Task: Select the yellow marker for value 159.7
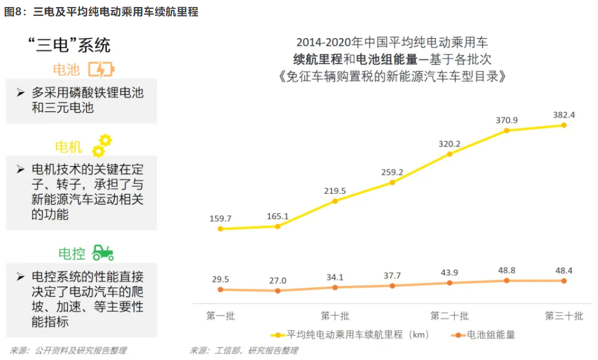click(220, 228)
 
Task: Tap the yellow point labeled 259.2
click(392, 182)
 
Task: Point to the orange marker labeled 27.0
click(278, 291)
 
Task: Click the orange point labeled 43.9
click(449, 283)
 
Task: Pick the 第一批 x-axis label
click(220, 316)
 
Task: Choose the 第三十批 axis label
click(564, 316)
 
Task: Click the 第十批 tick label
click(335, 316)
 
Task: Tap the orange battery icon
click(101, 70)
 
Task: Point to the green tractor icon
click(103, 253)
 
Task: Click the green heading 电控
click(72, 254)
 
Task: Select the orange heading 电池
click(66, 70)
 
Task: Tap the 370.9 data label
click(506, 120)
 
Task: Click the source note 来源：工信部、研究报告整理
click(243, 351)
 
